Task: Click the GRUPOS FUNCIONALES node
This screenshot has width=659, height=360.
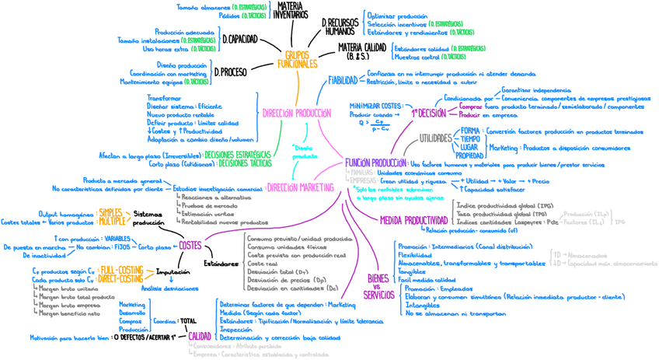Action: click(297, 60)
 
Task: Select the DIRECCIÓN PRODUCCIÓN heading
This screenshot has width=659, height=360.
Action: click(297, 113)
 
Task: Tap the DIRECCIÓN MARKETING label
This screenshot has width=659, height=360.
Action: click(302, 187)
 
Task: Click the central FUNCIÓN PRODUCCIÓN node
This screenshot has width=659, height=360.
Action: click(375, 163)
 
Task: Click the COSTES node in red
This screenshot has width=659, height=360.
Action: click(190, 246)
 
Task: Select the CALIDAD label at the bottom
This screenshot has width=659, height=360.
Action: click(199, 335)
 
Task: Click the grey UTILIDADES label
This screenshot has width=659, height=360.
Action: click(435, 138)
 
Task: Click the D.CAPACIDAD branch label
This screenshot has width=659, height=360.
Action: click(239, 39)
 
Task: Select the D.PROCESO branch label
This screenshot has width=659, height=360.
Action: click(230, 72)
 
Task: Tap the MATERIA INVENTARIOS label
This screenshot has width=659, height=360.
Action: click(290, 10)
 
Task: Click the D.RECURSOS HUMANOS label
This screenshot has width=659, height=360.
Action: click(339, 27)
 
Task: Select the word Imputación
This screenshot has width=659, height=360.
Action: click(173, 273)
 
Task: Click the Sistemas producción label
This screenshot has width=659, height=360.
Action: click(148, 218)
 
